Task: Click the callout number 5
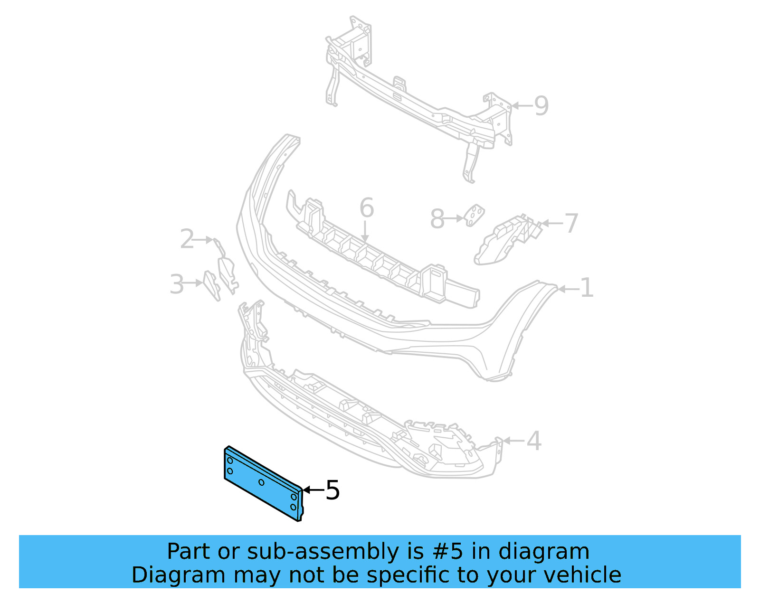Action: tap(333, 490)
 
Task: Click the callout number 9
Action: tap(541, 105)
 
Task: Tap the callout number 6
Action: tap(367, 208)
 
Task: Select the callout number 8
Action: tap(437, 219)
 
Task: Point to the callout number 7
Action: tap(571, 223)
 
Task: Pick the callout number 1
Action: tap(587, 288)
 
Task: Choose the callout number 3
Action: tap(177, 284)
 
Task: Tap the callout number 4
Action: tap(534, 441)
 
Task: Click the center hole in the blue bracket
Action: tap(262, 482)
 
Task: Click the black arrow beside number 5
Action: tap(313, 490)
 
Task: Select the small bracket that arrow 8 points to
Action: tap(474, 216)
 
